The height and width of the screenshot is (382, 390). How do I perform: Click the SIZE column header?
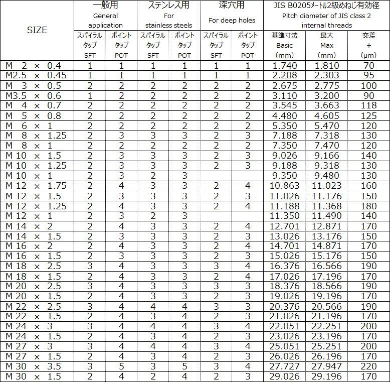[37, 30]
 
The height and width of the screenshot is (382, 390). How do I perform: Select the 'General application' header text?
[105, 21]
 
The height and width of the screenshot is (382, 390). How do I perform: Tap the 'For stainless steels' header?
[168, 21]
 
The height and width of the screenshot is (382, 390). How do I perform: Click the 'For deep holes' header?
[232, 21]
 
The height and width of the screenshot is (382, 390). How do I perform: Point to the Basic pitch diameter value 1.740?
[284, 66]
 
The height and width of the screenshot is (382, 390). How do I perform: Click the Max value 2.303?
[327, 75]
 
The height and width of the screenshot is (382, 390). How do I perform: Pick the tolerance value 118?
[368, 105]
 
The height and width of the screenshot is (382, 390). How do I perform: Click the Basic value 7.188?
[284, 136]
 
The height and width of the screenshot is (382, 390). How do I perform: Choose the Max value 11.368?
[327, 206]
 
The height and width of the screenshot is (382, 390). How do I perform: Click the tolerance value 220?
[368, 366]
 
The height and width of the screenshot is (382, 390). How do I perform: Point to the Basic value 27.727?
[284, 366]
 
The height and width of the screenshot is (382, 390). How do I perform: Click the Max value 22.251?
[327, 326]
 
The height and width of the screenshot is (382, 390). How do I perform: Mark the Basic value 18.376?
[284, 286]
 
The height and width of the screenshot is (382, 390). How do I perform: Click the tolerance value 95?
[368, 75]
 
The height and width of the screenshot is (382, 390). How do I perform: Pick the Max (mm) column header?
[327, 45]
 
